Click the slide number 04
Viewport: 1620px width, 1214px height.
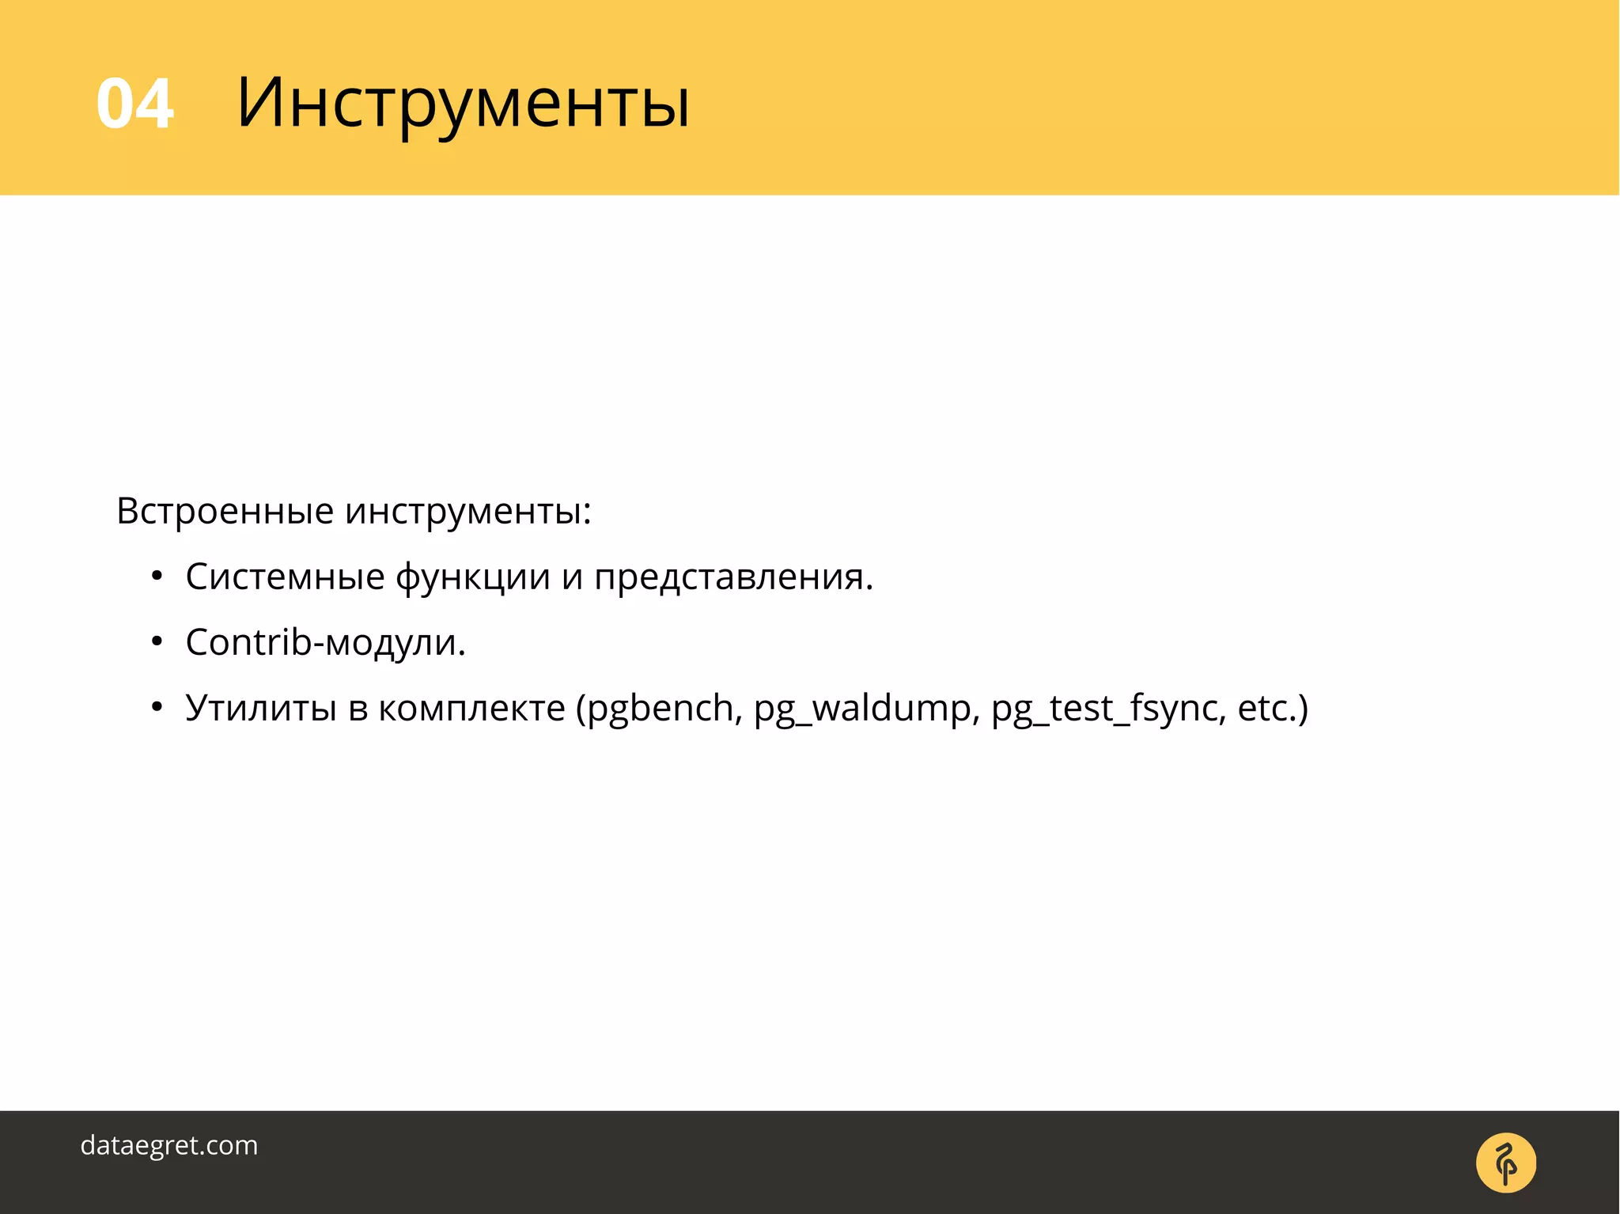[x=134, y=104]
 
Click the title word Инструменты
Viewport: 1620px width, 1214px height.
[x=463, y=104]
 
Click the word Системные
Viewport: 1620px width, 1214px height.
[x=285, y=577]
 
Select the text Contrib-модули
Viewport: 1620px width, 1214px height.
[x=325, y=642]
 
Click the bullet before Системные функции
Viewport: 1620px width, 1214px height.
[x=157, y=577]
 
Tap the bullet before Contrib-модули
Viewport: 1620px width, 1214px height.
[x=157, y=642]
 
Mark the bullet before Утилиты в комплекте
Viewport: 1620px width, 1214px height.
[x=157, y=708]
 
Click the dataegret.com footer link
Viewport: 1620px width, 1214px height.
[x=169, y=1145]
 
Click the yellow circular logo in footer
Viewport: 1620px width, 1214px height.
[x=1505, y=1163]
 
